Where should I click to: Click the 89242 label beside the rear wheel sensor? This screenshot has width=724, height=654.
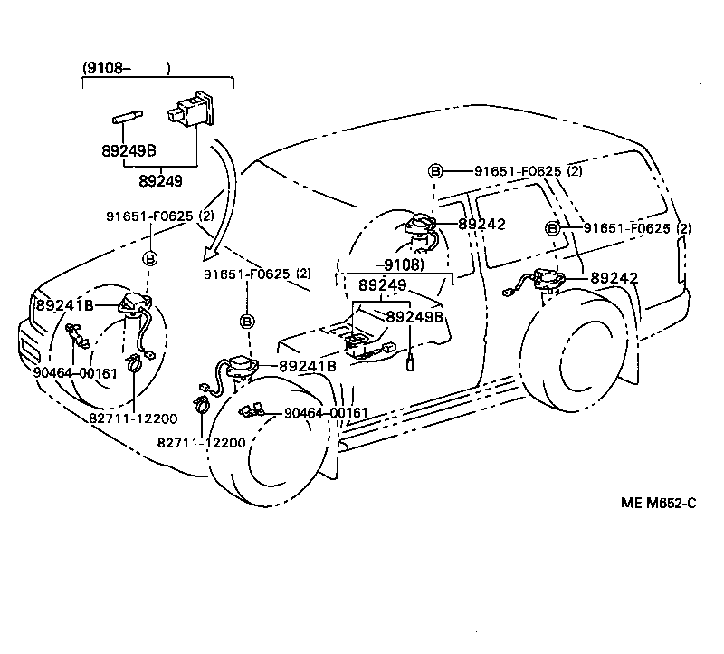click(x=614, y=279)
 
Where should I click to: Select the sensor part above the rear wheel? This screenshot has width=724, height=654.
click(x=548, y=278)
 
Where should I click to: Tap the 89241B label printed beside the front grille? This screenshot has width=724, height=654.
click(x=64, y=304)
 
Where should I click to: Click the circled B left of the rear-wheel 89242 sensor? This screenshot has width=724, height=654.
click(x=552, y=228)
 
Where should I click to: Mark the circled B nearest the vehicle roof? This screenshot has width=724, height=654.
click(x=434, y=171)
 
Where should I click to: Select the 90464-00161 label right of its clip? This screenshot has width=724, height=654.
click(x=326, y=413)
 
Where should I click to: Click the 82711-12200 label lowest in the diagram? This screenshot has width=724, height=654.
click(x=201, y=442)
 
